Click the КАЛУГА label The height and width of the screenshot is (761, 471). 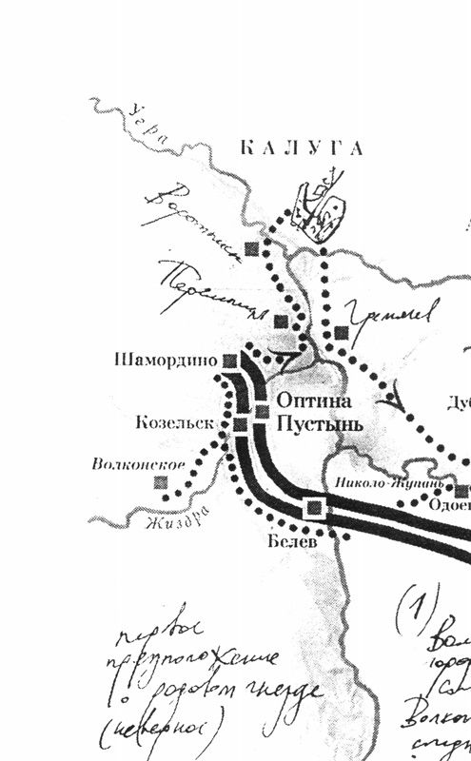[x=300, y=148]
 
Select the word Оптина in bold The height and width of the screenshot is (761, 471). [x=307, y=401]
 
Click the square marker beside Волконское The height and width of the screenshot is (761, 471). [x=162, y=482]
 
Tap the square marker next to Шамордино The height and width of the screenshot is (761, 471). [x=229, y=360]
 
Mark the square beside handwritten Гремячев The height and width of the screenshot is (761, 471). [x=341, y=332]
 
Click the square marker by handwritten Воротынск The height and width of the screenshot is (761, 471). [x=251, y=248]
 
